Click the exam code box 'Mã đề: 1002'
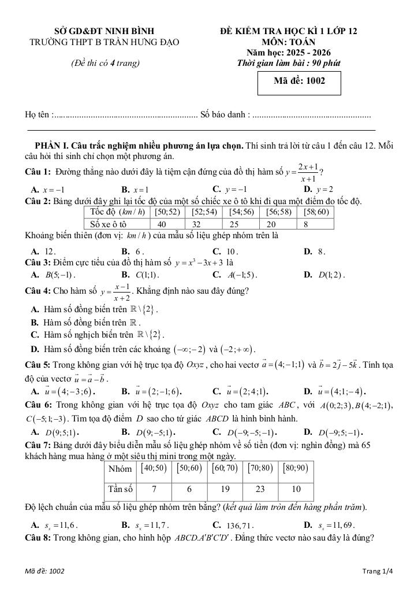click(x=300, y=82)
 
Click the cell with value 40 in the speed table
click(x=162, y=224)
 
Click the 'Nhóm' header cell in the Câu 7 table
click(x=120, y=468)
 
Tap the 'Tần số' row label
click(x=120, y=489)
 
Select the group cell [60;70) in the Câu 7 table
click(x=225, y=468)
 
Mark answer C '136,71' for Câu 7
click(x=230, y=525)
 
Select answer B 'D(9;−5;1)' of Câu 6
click(x=148, y=432)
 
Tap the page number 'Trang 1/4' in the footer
click(x=376, y=572)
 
